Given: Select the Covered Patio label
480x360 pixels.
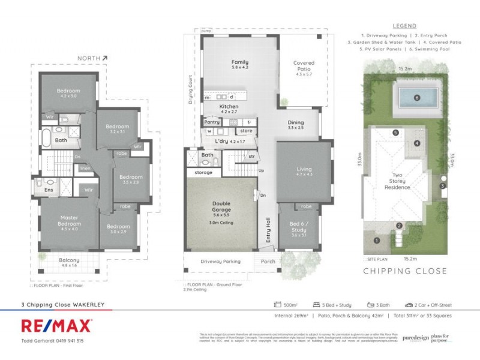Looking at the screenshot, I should point(304,66).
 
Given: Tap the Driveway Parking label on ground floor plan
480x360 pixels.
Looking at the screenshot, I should point(220,262).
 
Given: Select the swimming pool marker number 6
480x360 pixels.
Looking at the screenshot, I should point(416,98).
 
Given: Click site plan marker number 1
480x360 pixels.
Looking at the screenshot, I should point(377,241).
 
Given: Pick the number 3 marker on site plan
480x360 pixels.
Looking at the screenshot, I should point(442,186).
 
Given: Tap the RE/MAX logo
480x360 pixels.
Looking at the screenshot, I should point(57,326).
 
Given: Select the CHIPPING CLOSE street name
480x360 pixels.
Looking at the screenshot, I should point(405,271).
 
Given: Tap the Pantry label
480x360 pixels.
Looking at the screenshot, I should point(212,122).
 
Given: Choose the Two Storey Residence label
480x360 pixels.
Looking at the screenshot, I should point(397,182).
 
